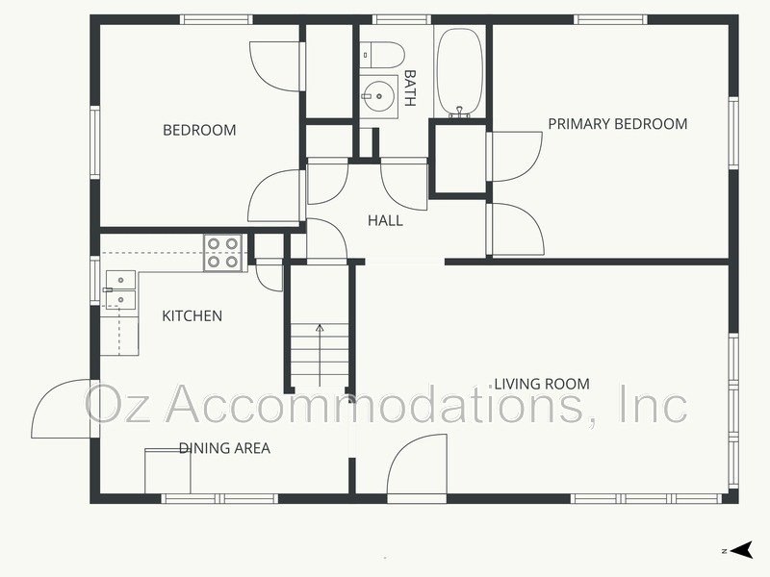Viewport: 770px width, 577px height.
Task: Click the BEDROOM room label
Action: coord(198,131)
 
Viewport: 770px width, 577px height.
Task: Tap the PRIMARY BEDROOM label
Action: coord(617,124)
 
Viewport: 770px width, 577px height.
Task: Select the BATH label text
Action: coord(410,88)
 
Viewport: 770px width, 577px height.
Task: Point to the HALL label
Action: coord(385,221)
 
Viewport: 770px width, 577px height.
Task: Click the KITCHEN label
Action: coord(192,316)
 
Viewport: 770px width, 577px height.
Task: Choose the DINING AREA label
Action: coord(223,448)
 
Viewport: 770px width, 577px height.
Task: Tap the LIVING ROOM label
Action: coord(541,384)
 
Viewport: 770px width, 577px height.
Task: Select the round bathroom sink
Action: coord(378,95)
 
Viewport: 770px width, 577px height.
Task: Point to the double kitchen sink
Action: coord(120,289)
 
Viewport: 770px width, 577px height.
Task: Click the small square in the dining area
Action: coord(167,471)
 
